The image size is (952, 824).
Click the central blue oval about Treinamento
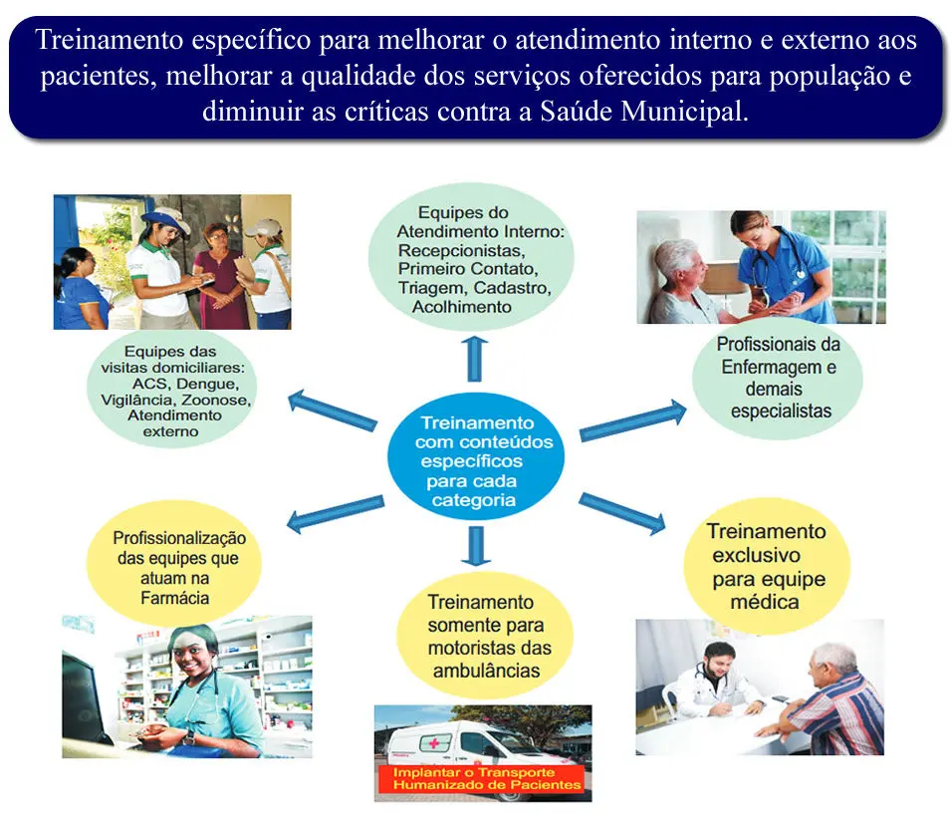point(476,457)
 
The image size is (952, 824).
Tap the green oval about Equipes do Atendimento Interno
point(472,256)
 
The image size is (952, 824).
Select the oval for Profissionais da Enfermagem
point(778,378)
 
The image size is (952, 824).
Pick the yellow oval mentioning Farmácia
point(174,563)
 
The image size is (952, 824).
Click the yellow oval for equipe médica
point(767,566)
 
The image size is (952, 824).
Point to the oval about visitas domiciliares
point(172,389)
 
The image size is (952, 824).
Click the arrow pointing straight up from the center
point(475,359)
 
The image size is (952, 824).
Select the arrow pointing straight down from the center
point(476,546)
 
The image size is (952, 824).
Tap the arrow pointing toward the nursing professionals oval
point(633,420)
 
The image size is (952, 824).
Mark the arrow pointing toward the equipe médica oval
point(622,513)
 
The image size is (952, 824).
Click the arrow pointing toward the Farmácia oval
point(336,513)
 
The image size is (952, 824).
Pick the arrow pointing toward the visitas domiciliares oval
point(333,411)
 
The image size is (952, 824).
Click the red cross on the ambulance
point(435,743)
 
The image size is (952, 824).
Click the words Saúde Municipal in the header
point(643,112)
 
